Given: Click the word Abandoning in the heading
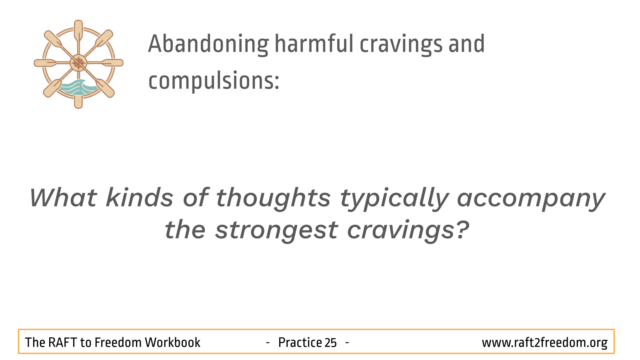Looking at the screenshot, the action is pyautogui.click(x=208, y=44).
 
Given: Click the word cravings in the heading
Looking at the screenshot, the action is pyautogui.click(x=401, y=44).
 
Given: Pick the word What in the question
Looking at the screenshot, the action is pyautogui.click(x=63, y=198).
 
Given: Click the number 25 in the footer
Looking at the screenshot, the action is pyautogui.click(x=330, y=342).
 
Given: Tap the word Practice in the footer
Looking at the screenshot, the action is pyautogui.click(x=300, y=342).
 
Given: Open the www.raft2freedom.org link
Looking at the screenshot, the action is pyautogui.click(x=544, y=343).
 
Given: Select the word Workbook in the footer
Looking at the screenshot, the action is pyautogui.click(x=172, y=342).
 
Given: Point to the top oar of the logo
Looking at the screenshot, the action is pyautogui.click(x=78, y=32).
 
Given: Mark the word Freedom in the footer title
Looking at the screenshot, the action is pyautogui.click(x=118, y=342).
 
